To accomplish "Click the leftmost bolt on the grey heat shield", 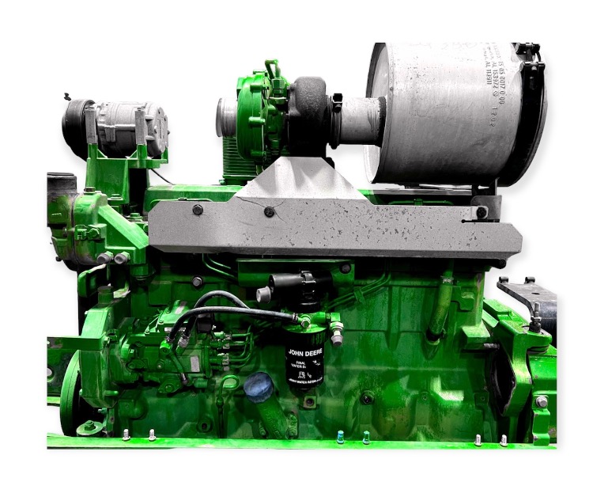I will click(x=198, y=210).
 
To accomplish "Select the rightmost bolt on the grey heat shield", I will click(x=482, y=212).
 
